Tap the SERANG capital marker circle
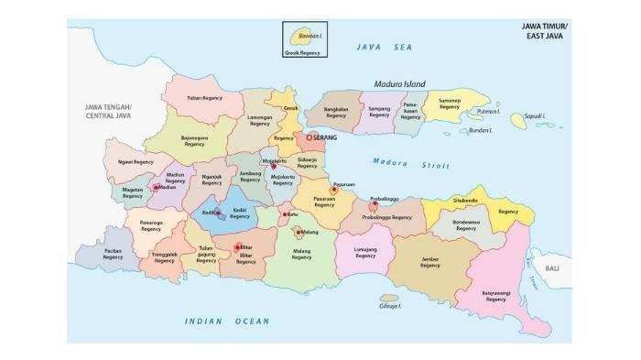click(x=310, y=137)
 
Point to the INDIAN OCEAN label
click(x=227, y=321)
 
